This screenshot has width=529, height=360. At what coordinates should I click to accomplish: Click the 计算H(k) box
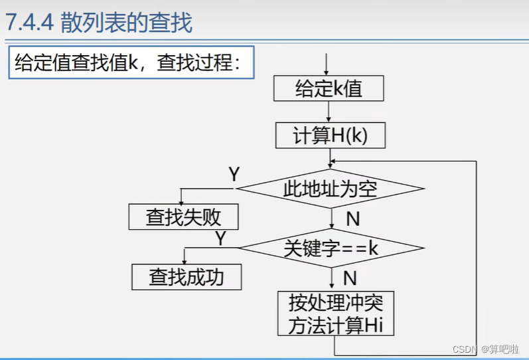330,135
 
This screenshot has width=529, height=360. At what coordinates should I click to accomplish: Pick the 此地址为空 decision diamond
330,189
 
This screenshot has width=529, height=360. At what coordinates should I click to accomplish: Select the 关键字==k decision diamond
331,248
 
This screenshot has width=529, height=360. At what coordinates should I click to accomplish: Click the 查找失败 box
183,217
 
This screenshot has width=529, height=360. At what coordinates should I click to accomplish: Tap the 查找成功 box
186,276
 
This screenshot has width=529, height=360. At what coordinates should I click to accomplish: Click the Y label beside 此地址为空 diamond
234,175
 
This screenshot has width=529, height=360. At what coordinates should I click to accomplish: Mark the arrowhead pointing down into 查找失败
182,201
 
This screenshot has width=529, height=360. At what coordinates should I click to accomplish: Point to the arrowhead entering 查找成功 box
185,261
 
